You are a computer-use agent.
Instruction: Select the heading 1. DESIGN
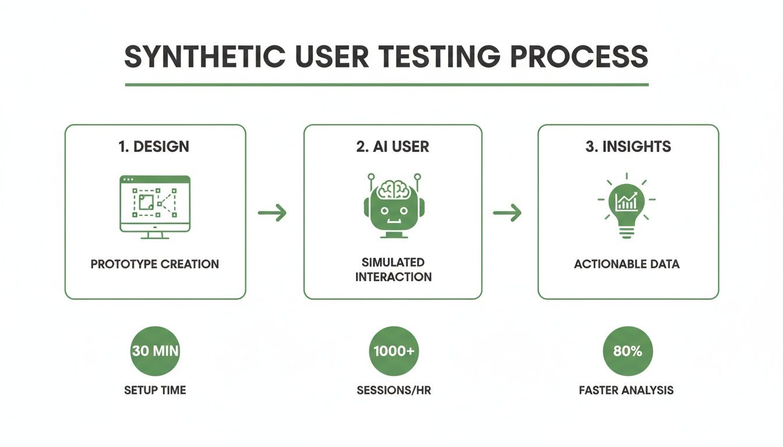pyautogui.click(x=154, y=147)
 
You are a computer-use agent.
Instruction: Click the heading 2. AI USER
pyautogui.click(x=393, y=147)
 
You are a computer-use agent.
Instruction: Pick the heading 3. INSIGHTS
pyautogui.click(x=628, y=147)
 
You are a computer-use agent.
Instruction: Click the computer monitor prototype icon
pyautogui.click(x=155, y=207)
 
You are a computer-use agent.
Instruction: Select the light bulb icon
pyautogui.click(x=626, y=206)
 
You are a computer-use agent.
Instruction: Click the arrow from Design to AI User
pyautogui.click(x=273, y=213)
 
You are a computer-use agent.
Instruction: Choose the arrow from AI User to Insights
pyautogui.click(x=507, y=213)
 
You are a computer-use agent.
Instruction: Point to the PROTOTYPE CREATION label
pyautogui.click(x=155, y=264)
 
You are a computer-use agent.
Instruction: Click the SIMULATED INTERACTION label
pyautogui.click(x=393, y=269)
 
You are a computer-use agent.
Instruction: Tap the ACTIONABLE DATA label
pyautogui.click(x=627, y=264)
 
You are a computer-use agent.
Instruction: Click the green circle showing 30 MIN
pyautogui.click(x=155, y=351)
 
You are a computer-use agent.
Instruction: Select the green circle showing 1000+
pyautogui.click(x=394, y=351)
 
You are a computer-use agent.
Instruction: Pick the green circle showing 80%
pyautogui.click(x=627, y=351)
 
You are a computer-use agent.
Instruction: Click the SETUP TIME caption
pyautogui.click(x=155, y=390)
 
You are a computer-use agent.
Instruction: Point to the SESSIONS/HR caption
pyautogui.click(x=394, y=390)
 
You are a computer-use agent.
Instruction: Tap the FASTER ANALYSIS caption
pyautogui.click(x=626, y=390)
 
